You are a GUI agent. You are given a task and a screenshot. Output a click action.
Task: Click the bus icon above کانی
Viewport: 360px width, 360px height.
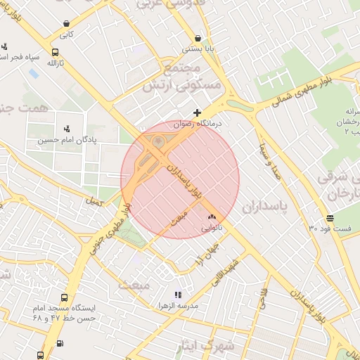tap(66, 23)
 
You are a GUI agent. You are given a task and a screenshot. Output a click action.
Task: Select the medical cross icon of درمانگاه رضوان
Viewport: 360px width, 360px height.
tap(198, 112)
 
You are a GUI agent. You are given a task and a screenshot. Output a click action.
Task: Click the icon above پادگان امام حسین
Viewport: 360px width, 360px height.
tap(67, 128)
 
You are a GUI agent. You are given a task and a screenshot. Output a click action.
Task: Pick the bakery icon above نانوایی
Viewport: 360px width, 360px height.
tap(212, 217)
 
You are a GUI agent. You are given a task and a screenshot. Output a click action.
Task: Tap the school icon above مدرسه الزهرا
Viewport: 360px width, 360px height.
tap(178, 295)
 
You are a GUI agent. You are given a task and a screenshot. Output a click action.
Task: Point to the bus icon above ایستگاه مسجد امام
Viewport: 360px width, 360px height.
tap(65, 297)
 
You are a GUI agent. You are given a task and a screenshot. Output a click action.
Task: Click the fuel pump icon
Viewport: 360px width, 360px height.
tap(59, 343)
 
